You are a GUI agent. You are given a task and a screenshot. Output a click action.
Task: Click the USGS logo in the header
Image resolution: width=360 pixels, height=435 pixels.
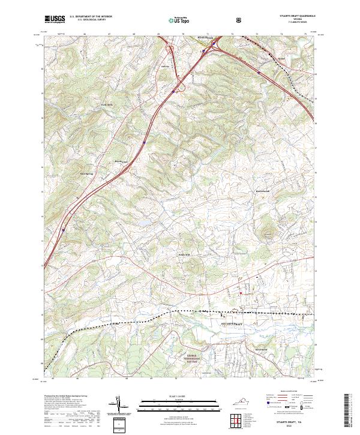[x=55, y=19]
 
